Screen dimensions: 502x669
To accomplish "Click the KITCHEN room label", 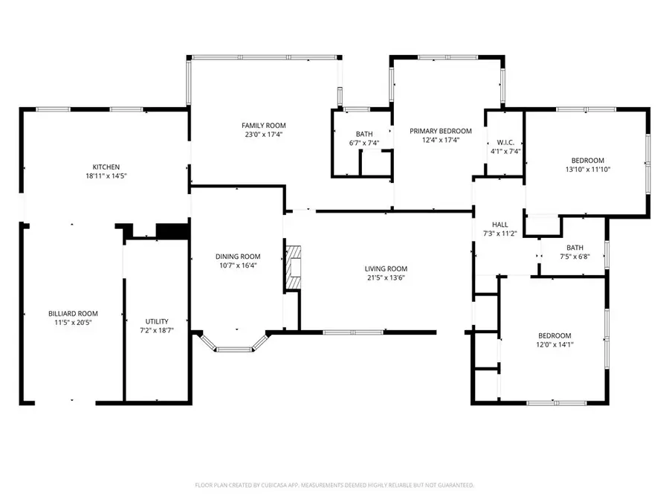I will click(x=106, y=167).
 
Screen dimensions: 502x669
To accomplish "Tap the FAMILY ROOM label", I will click(x=263, y=126).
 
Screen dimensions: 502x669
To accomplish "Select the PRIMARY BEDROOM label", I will click(x=441, y=130).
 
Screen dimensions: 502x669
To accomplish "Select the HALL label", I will click(x=500, y=224).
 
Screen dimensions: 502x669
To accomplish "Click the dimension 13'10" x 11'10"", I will click(x=587, y=169).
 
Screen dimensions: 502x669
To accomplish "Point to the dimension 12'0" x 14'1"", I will click(x=555, y=344).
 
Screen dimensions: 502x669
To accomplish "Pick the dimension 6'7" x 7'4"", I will click(x=363, y=143).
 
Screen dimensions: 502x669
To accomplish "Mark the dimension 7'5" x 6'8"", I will click(x=575, y=257).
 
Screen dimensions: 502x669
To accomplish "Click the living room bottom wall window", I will click(x=353, y=332).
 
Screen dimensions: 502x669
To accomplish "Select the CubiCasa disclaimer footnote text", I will click(x=334, y=485).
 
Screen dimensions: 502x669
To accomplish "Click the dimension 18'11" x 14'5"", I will click(x=106, y=176).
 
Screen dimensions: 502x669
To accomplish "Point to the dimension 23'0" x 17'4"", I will click(x=263, y=135).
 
